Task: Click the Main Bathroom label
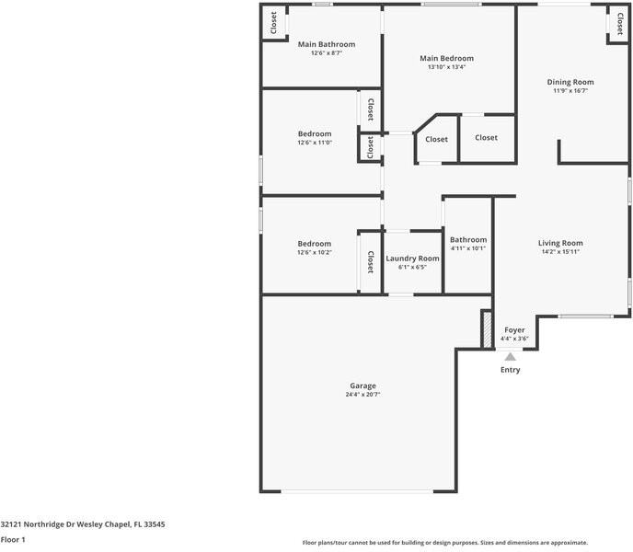click(327, 44)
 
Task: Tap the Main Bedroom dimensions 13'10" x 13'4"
click(446, 67)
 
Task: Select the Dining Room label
click(570, 82)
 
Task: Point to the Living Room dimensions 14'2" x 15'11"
click(560, 251)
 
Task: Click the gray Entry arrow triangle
click(511, 357)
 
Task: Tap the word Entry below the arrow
click(511, 370)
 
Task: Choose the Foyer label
click(514, 330)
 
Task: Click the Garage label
click(363, 385)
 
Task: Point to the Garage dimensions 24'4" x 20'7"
click(363, 395)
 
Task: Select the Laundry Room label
click(412, 259)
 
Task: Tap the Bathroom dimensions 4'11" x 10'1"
click(468, 248)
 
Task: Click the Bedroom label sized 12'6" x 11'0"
click(315, 133)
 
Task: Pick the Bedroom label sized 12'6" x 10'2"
click(315, 244)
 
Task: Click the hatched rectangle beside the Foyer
click(488, 328)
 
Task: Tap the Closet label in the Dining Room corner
click(620, 23)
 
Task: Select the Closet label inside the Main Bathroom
click(273, 23)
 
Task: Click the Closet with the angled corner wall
click(436, 139)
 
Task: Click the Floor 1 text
click(13, 539)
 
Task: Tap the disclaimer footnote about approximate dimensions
click(445, 543)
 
